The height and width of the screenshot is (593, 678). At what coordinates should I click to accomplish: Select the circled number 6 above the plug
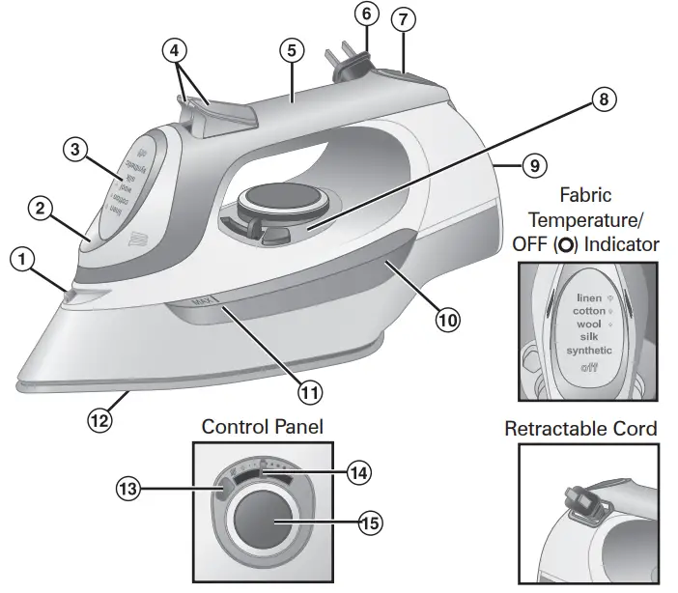pos(365,14)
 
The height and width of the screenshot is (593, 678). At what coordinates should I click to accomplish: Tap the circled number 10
pos(446,319)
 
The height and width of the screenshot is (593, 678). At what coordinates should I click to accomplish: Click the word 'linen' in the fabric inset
pos(589,298)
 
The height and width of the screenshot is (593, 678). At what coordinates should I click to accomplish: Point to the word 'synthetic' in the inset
pos(589,350)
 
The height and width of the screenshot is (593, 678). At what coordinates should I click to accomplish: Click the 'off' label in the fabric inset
pos(589,368)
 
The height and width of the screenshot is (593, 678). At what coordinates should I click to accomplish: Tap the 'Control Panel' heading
pos(262,426)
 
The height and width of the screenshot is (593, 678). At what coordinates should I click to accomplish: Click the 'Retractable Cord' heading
pos(580,428)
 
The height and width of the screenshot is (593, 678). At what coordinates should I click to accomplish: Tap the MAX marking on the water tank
pos(202,301)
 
